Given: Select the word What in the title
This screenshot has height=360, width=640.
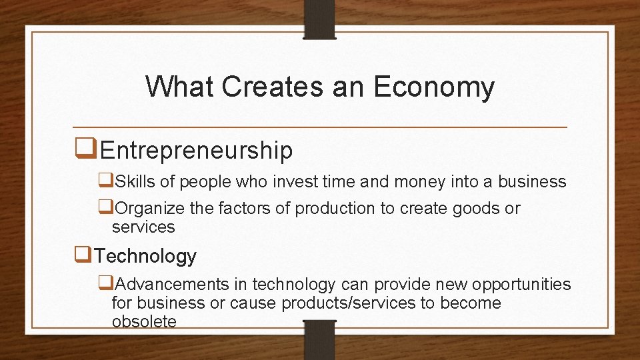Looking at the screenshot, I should tap(179, 87).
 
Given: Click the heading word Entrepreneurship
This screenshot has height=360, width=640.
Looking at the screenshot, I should tap(196, 151).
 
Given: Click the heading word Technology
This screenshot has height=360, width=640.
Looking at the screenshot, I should tap(145, 256).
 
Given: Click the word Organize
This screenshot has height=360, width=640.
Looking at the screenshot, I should tap(150, 209).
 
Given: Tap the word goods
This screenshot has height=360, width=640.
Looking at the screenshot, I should tap(475, 209).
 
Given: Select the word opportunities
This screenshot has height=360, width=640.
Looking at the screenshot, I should tap(521, 285).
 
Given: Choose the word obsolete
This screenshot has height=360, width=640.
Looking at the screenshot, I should tap(144, 321).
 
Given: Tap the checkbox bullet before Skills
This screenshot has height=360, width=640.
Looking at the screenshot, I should tap(106, 180).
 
